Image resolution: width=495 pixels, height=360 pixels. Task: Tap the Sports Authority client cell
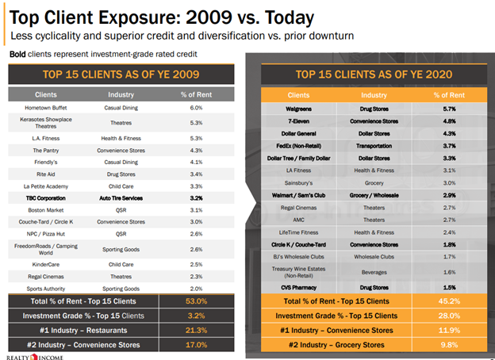click(x=45, y=289)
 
